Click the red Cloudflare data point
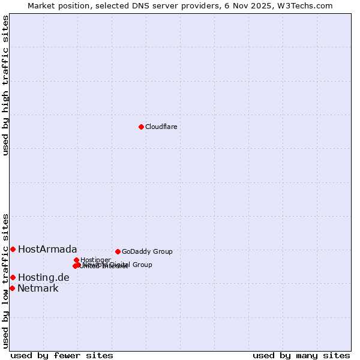(141, 127)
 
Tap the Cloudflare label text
(161, 127)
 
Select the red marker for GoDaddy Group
(118, 251)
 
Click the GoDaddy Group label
(147, 251)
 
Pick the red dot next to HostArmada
(13, 249)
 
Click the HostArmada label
(47, 249)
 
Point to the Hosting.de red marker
(13, 277)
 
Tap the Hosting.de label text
(43, 277)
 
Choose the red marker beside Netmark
(12, 288)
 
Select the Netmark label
(38, 288)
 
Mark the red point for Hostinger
(76, 260)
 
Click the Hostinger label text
(95, 260)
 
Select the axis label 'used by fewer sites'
(62, 355)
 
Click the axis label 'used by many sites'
(301, 355)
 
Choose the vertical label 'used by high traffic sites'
(5, 85)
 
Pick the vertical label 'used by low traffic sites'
(5, 280)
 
